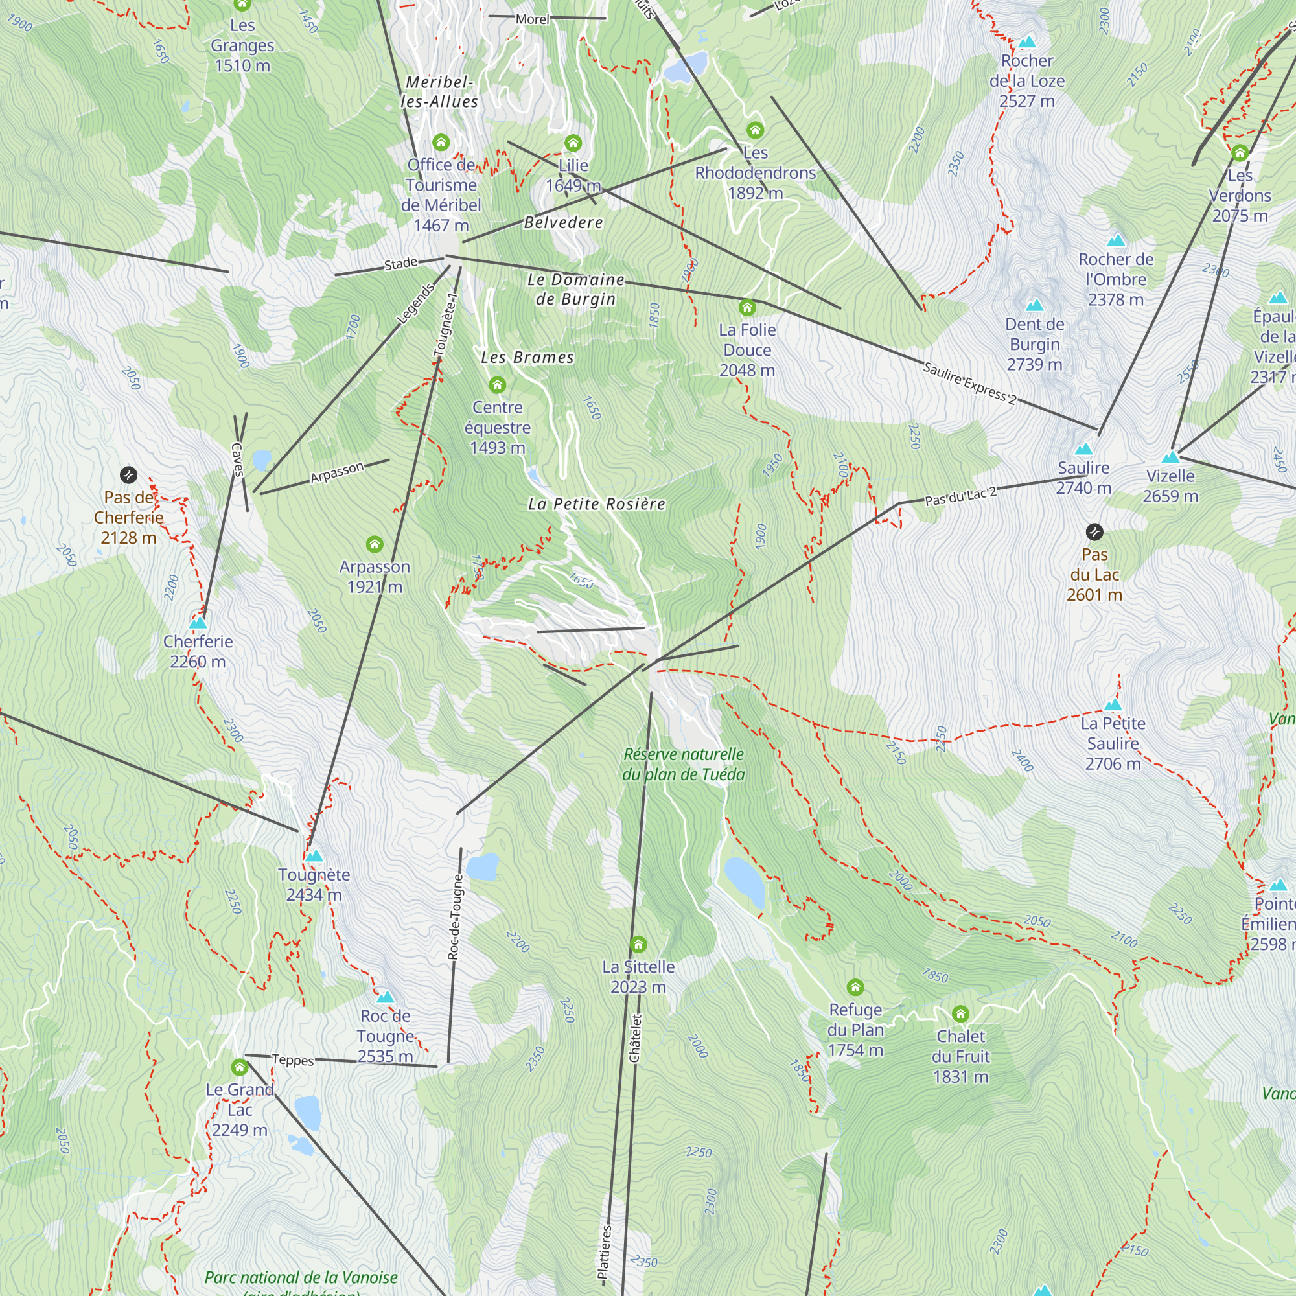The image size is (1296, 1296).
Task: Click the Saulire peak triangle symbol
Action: [x=1083, y=450]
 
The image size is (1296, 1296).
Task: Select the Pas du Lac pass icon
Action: [x=1094, y=532]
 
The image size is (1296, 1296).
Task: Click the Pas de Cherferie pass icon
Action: [x=128, y=475]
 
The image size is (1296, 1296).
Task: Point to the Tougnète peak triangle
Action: [x=314, y=856]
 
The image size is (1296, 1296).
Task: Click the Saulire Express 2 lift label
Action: [x=969, y=383]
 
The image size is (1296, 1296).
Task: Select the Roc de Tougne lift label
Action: [x=455, y=916]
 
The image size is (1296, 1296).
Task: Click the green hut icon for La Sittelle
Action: [x=638, y=945]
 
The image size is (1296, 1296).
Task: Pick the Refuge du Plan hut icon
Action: [x=855, y=988]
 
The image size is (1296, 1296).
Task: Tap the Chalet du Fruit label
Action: [x=960, y=1056]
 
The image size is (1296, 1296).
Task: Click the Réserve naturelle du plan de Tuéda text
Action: [x=684, y=765]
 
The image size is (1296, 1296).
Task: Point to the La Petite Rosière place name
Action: [x=596, y=504]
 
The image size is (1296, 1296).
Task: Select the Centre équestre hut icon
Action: [x=497, y=385]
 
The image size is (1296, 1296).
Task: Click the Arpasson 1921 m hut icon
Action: [x=375, y=544]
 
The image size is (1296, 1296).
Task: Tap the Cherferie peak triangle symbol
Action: [x=198, y=623]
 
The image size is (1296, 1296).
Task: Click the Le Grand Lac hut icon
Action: [x=240, y=1067]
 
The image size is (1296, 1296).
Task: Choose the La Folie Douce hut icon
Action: [x=746, y=308]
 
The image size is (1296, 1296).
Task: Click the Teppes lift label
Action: [x=292, y=1060]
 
